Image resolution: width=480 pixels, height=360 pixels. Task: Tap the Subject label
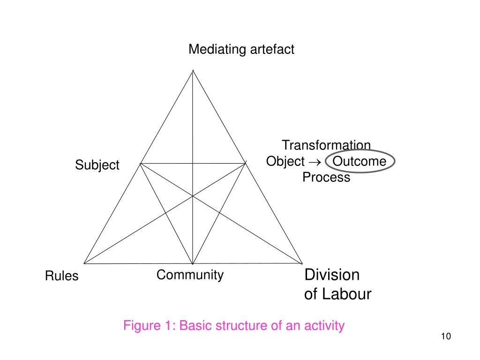[97, 165]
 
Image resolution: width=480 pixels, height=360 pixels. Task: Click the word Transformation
[326, 146]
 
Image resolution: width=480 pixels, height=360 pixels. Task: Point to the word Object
[285, 162]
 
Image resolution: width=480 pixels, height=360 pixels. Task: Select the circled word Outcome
[360, 162]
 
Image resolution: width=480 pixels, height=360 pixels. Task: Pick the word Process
[326, 178]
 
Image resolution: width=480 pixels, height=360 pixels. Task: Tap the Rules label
[62, 276]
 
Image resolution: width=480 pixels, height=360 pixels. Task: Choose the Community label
[190, 275]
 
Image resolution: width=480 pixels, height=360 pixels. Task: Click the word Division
[332, 275]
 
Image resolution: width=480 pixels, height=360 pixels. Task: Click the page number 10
[446, 337]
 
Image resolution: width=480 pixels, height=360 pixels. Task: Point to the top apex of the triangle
[193, 71]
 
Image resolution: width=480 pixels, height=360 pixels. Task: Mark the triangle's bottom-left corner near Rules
[84, 263]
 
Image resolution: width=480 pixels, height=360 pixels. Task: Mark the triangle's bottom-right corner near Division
[302, 263]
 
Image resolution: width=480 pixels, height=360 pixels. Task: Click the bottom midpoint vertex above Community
[193, 263]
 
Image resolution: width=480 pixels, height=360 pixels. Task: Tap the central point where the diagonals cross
[193, 197]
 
